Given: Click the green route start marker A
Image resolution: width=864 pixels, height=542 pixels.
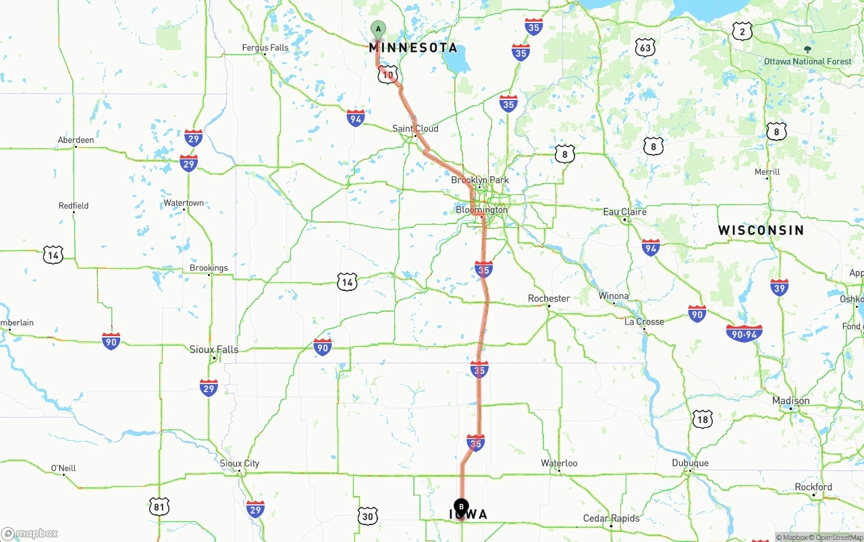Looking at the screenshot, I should (378, 29).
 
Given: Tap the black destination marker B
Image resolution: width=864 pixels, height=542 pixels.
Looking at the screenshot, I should (461, 506).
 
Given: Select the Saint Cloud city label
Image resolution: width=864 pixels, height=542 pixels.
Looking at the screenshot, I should (415, 128).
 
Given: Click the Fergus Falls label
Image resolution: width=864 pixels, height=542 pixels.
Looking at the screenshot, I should (265, 48).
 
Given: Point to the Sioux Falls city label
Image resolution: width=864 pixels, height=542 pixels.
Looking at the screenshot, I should (214, 350).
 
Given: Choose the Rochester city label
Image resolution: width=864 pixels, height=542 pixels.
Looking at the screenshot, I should (549, 298).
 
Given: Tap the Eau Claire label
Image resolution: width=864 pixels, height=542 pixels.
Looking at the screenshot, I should (624, 212).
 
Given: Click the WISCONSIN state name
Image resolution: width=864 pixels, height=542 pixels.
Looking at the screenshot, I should (761, 230).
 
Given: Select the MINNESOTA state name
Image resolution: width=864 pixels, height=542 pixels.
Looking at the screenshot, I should (413, 48).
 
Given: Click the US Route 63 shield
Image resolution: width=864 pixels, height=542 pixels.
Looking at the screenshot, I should (645, 47).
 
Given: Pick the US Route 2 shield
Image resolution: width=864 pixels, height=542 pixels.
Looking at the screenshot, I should (742, 31).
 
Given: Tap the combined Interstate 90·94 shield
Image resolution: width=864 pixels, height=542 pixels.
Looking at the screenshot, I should (744, 333).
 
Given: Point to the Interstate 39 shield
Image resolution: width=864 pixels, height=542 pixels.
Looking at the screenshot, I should (780, 287).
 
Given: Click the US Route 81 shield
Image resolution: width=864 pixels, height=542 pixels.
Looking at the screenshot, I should (159, 506).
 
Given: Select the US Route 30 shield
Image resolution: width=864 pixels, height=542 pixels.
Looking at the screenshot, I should (368, 516).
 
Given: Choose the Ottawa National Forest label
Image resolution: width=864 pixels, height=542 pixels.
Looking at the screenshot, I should (808, 61).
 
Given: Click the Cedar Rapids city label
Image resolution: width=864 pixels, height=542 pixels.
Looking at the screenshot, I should (612, 518).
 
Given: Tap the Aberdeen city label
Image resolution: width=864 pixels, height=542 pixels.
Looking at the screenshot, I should (76, 140).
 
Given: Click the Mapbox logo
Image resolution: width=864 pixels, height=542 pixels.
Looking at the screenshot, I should (30, 533).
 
